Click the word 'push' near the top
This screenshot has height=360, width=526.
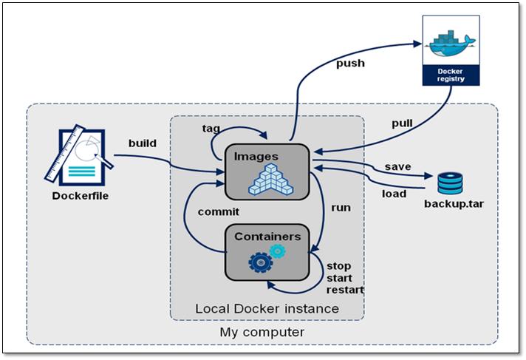point(350,63)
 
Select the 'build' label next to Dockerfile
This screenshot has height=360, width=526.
point(142,143)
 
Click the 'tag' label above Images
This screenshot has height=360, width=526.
point(211,128)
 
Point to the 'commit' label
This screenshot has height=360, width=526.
point(218,211)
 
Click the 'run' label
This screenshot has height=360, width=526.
point(341,207)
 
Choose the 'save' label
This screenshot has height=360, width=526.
point(397,166)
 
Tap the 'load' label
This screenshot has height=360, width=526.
point(393,194)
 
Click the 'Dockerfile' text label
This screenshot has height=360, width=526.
point(81,196)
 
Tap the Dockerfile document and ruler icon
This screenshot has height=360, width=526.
point(80,156)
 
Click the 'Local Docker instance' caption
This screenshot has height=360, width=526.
point(267,308)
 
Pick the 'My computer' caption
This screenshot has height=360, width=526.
point(262,332)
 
